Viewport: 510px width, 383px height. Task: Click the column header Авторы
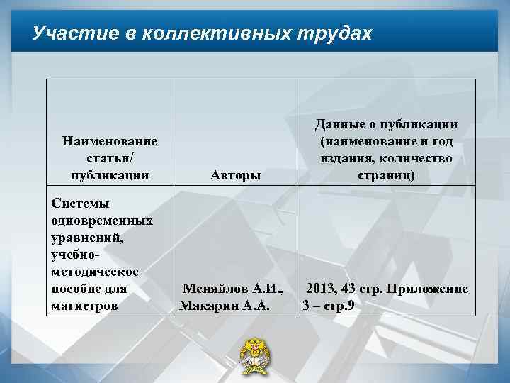pos(235,174)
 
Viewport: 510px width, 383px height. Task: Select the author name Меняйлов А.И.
pos(234,289)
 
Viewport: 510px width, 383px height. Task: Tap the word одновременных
pos(102,221)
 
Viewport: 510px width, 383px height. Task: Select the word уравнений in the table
pos(86,238)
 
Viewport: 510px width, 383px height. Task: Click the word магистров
pos(83,305)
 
